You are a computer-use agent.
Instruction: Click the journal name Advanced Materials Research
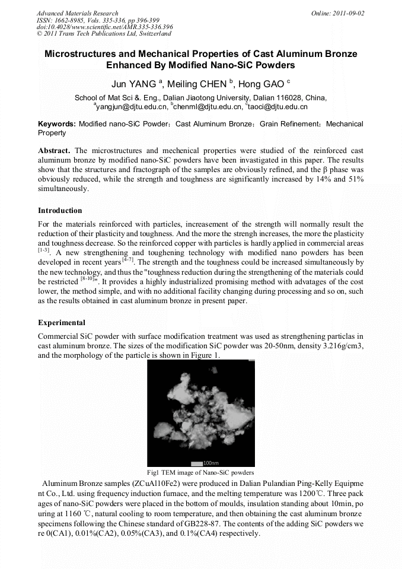point(77,13)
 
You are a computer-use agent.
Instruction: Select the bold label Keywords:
point(57,124)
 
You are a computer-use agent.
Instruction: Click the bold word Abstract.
point(54,151)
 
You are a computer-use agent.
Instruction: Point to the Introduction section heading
point(60,211)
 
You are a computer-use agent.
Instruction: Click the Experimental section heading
point(62,323)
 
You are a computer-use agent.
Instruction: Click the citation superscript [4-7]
point(128,260)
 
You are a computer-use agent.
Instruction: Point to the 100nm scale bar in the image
point(205,463)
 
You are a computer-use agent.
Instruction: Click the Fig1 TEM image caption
point(200,473)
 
